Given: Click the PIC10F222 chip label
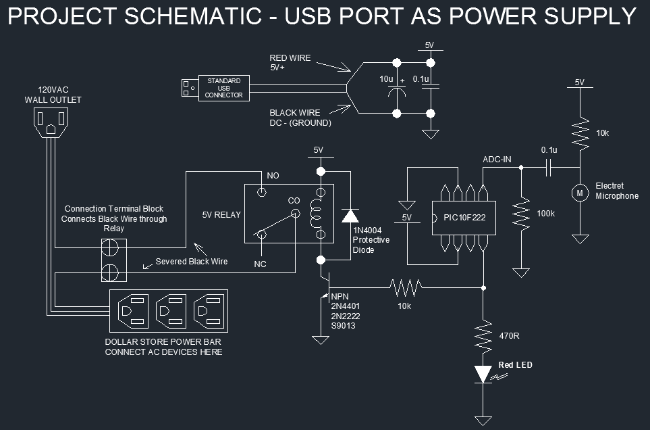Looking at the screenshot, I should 464,218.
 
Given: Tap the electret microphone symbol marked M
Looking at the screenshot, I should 579,193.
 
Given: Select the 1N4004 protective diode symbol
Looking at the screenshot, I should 350,216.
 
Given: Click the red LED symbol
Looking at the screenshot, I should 483,374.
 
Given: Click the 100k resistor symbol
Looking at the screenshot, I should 520,214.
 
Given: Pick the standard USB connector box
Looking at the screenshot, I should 224,88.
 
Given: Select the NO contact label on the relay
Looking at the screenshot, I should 273,176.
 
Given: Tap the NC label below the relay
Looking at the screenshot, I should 260,264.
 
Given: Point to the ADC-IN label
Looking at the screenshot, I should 497,160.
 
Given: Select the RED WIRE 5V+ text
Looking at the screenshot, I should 290,63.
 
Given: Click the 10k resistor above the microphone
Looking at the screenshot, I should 579,133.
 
